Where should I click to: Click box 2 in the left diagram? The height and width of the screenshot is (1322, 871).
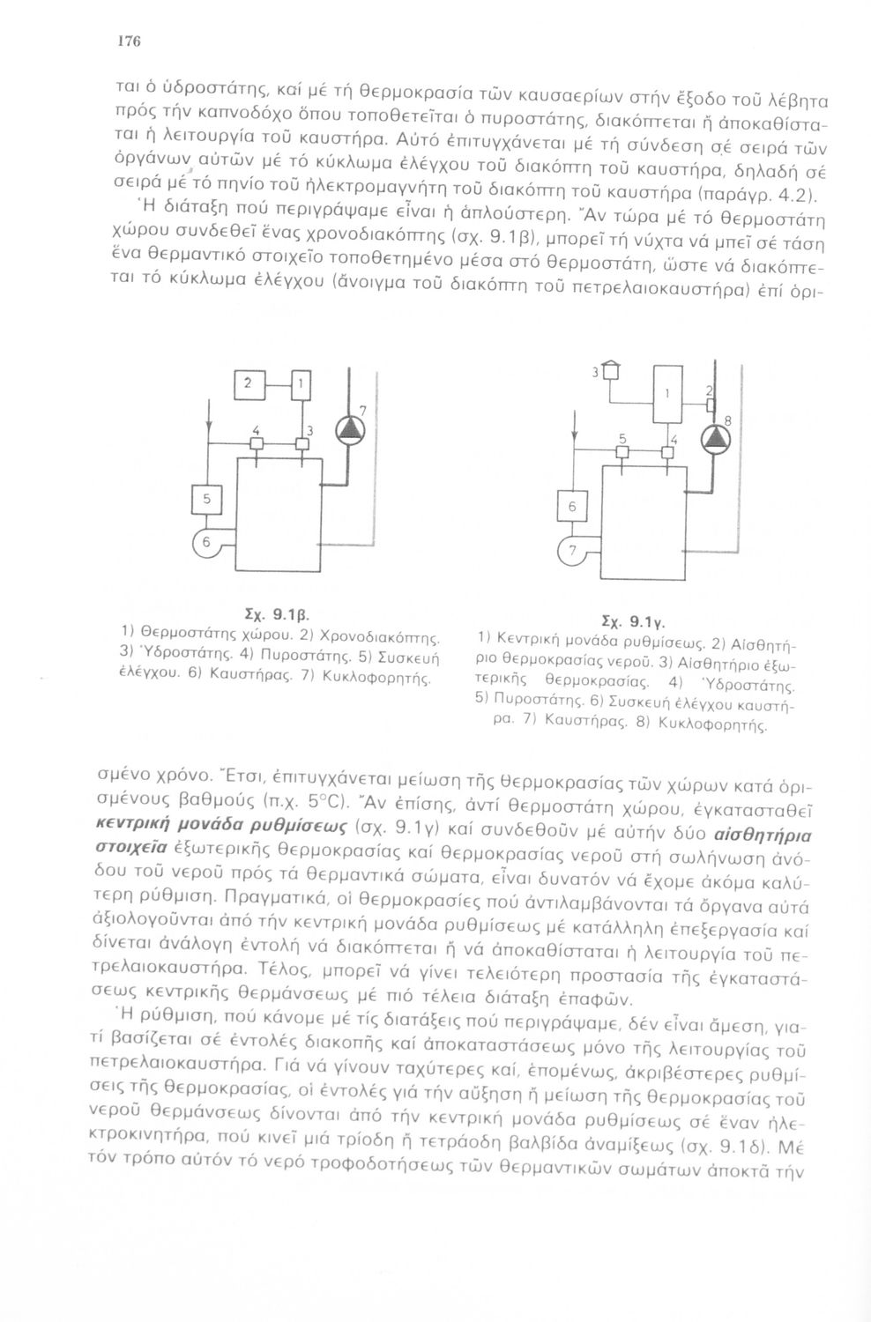click(248, 382)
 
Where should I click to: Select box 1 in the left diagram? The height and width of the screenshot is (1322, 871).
click(300, 382)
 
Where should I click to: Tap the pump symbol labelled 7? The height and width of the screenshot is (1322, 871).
click(350, 429)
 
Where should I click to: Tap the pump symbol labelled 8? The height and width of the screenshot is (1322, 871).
click(711, 439)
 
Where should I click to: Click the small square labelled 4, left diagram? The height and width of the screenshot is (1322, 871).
click(257, 444)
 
